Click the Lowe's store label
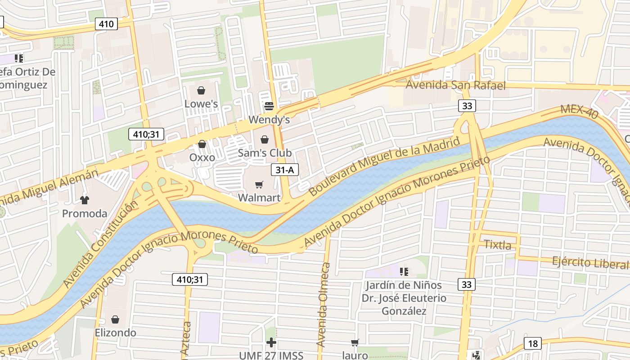tap(201, 104)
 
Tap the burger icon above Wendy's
tap(269, 106)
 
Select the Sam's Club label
tap(265, 153)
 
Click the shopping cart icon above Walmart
tap(259, 185)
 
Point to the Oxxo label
tap(202, 157)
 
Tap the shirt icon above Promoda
tap(84, 200)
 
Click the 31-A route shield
tap(285, 170)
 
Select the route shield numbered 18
tap(533, 344)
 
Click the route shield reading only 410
tap(106, 24)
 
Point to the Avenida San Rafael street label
tap(455, 85)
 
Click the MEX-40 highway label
tap(580, 112)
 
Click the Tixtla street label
tap(497, 245)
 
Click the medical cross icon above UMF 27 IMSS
tap(271, 342)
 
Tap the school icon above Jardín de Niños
tap(404, 271)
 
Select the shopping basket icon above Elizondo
tap(115, 319)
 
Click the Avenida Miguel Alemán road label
tap(49, 185)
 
